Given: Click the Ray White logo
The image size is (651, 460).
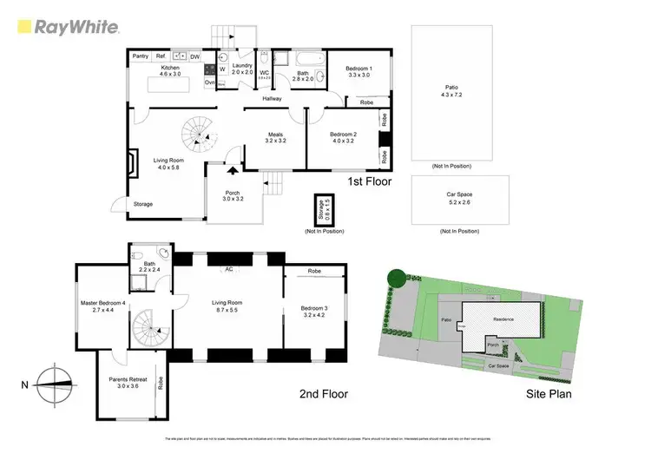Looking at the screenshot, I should (x=68, y=26).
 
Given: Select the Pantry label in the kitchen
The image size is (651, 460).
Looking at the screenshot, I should (x=140, y=56).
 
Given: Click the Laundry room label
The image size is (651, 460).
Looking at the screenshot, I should (x=242, y=69).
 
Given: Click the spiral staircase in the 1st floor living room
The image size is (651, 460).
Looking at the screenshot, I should (x=198, y=135).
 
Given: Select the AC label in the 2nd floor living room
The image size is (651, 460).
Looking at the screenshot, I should (x=229, y=269).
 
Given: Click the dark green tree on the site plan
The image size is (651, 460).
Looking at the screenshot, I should (x=396, y=278).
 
